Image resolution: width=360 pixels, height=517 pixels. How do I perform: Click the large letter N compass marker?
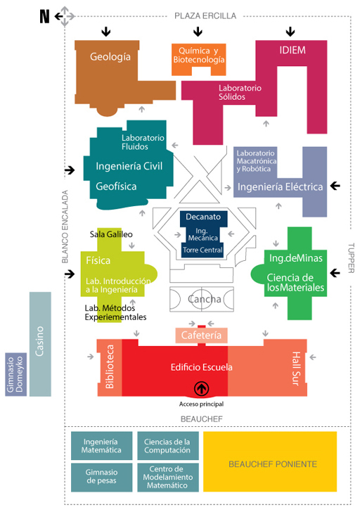(x=44, y=16)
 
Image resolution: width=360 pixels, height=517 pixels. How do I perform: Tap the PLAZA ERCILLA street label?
(x=205, y=15)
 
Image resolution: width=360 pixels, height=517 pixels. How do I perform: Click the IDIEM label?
(x=292, y=50)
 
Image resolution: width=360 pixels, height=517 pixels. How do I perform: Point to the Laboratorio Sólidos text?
(x=240, y=92)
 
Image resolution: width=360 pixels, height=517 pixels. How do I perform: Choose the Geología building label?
(x=110, y=57)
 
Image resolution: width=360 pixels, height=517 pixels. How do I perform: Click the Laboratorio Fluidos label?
(x=143, y=142)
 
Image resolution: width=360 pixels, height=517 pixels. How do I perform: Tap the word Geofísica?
(x=116, y=186)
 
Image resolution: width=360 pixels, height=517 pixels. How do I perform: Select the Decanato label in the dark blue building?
(x=203, y=217)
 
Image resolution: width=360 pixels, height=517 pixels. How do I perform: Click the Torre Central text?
(x=202, y=250)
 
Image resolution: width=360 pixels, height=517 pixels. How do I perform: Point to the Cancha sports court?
(x=202, y=299)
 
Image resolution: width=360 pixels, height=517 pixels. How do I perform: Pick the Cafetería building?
(x=201, y=336)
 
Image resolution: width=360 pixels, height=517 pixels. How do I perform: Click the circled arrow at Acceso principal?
(x=201, y=388)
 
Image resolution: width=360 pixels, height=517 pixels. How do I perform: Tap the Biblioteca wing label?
(x=110, y=366)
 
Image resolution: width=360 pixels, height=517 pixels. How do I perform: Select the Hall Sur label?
(x=296, y=369)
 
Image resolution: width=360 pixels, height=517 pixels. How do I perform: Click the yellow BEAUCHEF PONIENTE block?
(x=270, y=461)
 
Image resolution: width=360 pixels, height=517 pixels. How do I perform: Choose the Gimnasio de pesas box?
(x=101, y=478)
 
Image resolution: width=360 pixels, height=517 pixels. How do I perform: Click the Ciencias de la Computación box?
(x=168, y=446)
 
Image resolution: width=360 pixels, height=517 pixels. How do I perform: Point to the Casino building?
(x=40, y=344)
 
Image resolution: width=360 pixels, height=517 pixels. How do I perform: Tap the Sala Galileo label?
(x=111, y=234)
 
